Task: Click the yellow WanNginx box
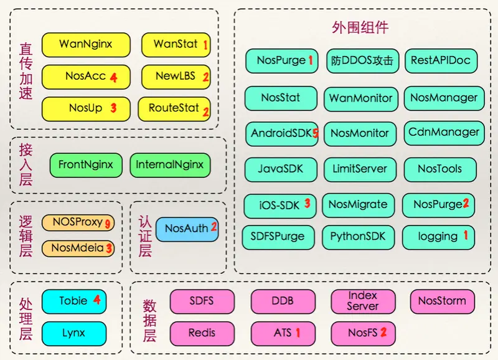[x=86, y=45]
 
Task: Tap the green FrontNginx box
[x=86, y=166]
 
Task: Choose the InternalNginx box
[x=170, y=166]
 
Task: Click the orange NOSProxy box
[x=78, y=222]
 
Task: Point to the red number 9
[x=108, y=223]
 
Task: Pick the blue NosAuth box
[x=187, y=229]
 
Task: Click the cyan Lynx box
[x=73, y=333]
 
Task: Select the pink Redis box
[x=202, y=333]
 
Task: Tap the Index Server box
[x=362, y=301]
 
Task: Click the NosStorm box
[x=442, y=301]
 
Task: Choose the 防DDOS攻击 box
[x=362, y=61]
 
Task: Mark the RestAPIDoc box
[x=441, y=61]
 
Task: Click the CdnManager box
[x=444, y=133]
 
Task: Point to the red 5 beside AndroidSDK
[x=316, y=133]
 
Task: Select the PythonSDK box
[x=358, y=237]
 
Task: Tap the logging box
[x=438, y=237]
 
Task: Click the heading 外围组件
[x=361, y=27]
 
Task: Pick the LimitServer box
[x=360, y=169]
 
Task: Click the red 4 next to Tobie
[x=97, y=300]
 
